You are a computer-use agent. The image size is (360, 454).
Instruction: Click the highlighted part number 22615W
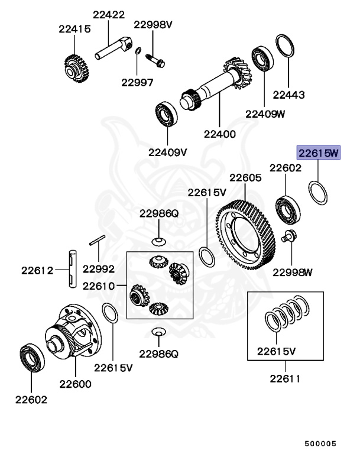coord(319,154)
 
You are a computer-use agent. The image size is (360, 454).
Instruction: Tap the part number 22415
coord(74,28)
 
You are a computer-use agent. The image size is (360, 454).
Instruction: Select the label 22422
coord(108,14)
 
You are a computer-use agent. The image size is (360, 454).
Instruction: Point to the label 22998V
coord(153,24)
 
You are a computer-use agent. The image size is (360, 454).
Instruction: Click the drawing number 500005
coord(320,442)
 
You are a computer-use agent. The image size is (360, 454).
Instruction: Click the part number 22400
coord(219,134)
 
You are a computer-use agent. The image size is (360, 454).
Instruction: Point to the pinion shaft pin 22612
coord(72,269)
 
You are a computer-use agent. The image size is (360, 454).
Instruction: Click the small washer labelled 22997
coord(137,52)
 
